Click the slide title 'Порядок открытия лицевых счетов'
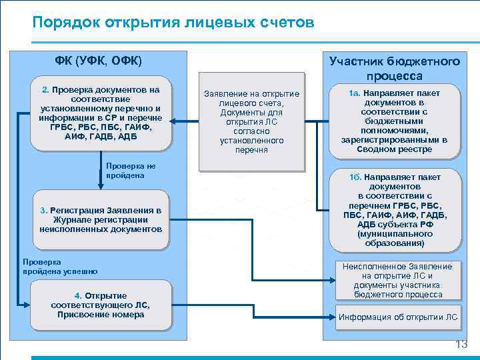pos(173,23)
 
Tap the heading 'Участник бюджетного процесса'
pos(395,68)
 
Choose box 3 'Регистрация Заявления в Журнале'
pos(100,219)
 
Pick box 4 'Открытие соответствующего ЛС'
pos(100,305)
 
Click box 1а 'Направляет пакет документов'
pos(395,119)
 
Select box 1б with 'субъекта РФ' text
pos(395,210)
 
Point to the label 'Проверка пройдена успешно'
pos(60,266)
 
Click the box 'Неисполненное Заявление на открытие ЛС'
pos(398,280)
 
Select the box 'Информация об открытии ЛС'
pos(398,317)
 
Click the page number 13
pos(461,344)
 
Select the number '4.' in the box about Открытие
pos(78,295)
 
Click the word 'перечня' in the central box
pos(251,150)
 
